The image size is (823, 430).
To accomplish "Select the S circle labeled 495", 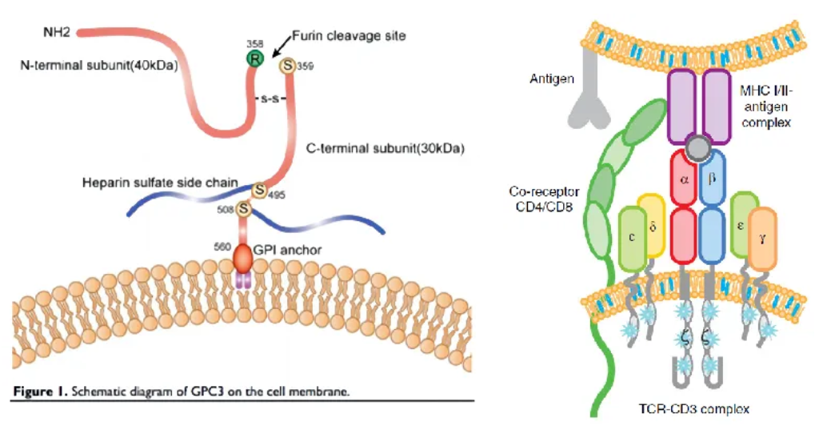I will (x=259, y=191).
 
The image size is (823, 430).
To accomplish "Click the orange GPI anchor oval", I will (x=243, y=256).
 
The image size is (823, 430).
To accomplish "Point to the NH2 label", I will (x=57, y=33).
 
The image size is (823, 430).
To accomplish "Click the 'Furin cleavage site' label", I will (x=349, y=36).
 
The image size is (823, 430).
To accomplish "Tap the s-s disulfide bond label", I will (x=268, y=99).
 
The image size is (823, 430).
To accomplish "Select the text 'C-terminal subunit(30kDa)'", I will (x=386, y=149).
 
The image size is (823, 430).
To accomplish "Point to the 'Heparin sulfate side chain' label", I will (x=160, y=183).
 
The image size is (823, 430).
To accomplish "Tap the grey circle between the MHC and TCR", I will (x=698, y=147).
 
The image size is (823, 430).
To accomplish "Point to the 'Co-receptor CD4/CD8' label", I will (x=545, y=201).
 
